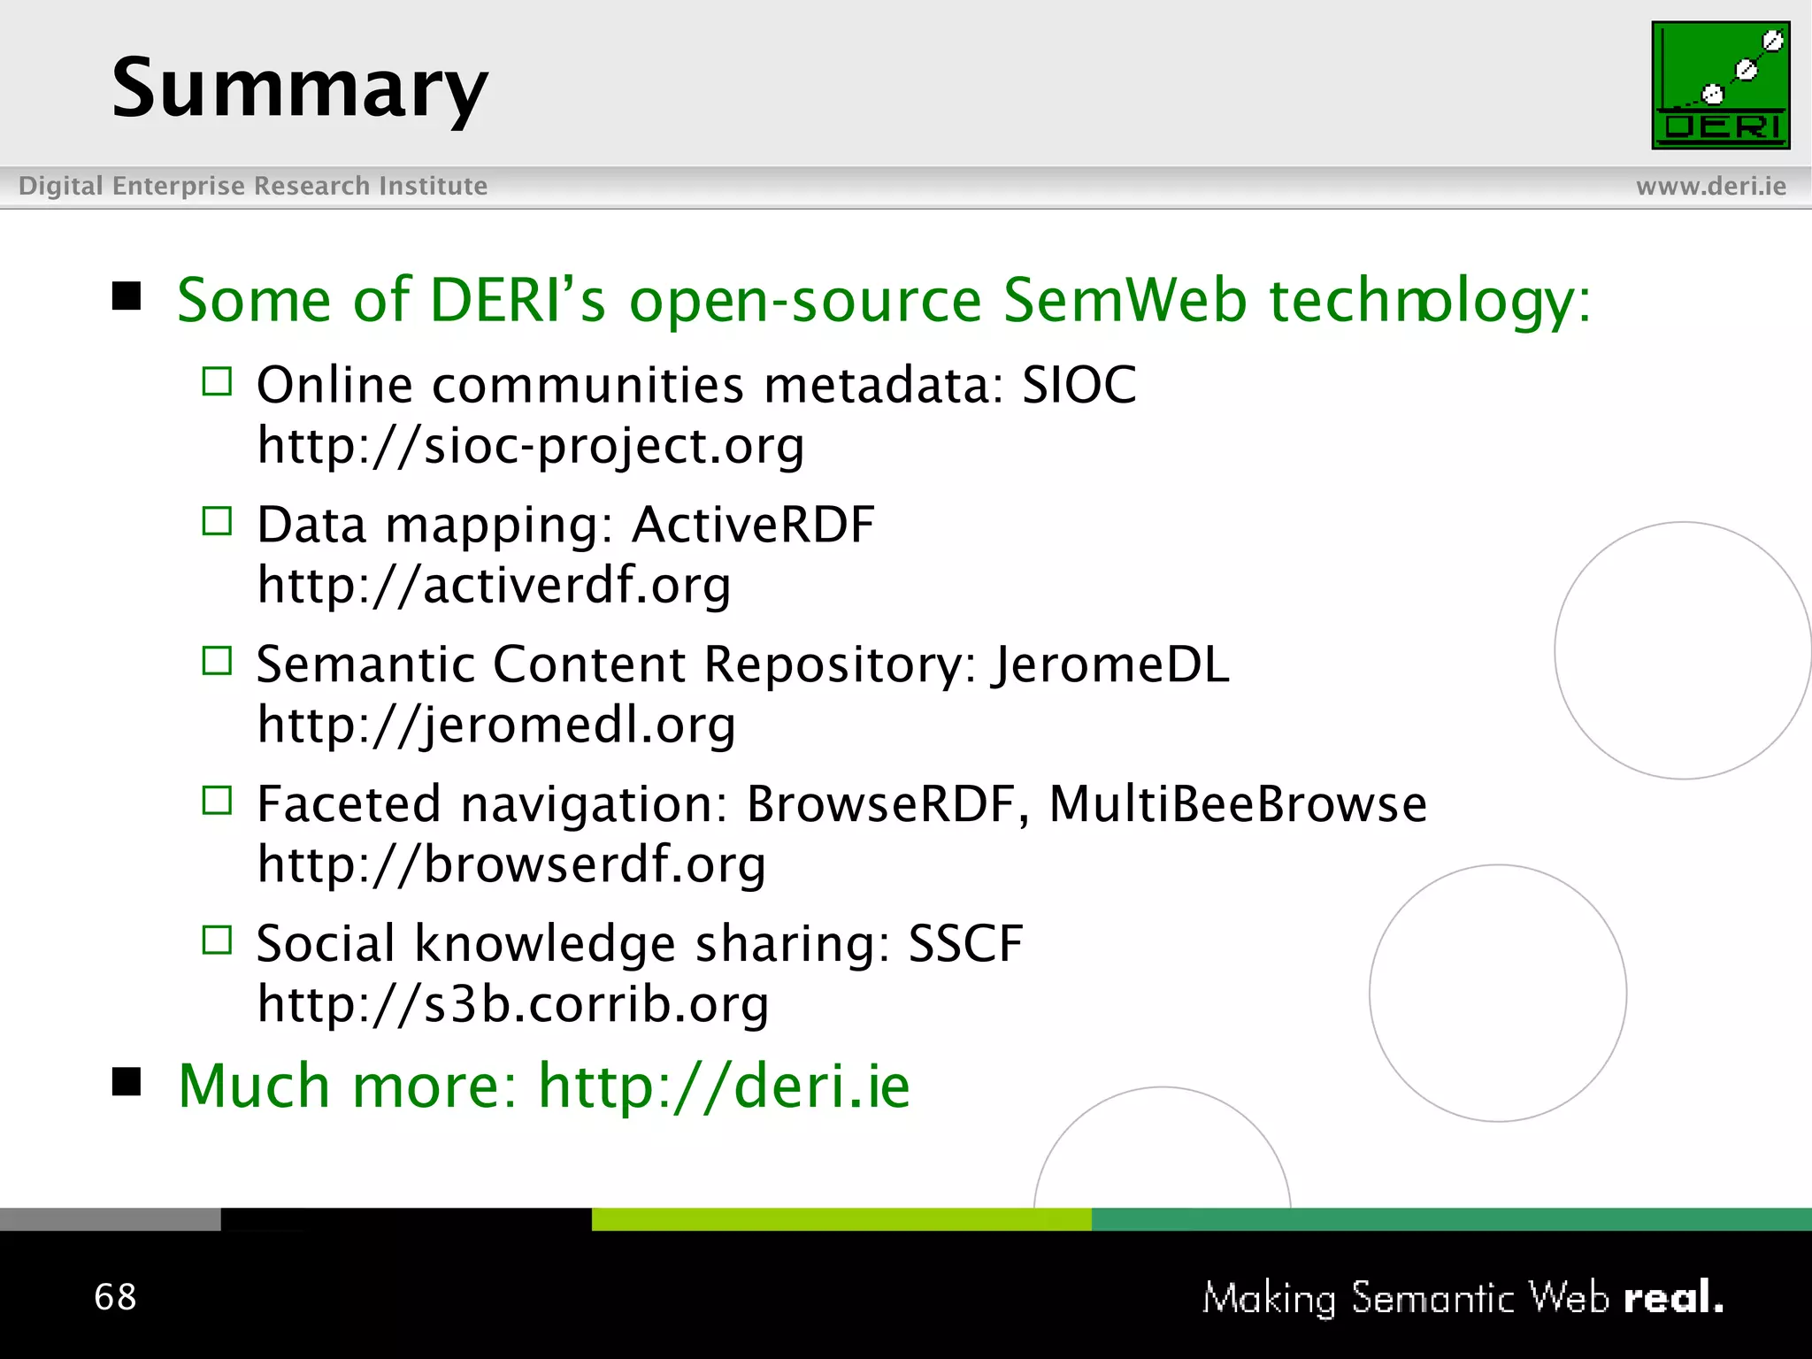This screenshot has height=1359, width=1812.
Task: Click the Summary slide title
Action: [299, 88]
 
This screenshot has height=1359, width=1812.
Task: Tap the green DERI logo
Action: [1720, 86]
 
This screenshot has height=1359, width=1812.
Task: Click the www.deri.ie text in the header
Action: [1710, 186]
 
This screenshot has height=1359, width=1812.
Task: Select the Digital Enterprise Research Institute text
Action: [253, 186]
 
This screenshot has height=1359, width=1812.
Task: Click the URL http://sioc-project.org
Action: [531, 445]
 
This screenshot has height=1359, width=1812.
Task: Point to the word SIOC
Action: [1079, 385]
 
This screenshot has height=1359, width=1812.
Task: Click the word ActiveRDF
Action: [753, 525]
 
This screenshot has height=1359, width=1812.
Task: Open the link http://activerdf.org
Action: [494, 585]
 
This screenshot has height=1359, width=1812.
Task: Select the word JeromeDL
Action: [1110, 664]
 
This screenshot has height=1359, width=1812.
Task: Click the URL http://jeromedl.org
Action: [496, 725]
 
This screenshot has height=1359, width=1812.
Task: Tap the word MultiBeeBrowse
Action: [1237, 804]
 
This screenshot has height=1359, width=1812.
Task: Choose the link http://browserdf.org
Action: [511, 864]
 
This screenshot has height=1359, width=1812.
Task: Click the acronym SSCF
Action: [965, 943]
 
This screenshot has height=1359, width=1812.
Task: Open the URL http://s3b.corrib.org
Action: [513, 1004]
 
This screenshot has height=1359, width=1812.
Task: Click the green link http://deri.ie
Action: [724, 1086]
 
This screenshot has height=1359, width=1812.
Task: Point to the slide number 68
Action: [115, 1297]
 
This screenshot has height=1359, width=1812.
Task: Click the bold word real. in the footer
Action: [1673, 1298]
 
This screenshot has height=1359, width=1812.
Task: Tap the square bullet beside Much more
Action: [127, 1081]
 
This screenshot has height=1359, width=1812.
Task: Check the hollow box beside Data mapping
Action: [217, 522]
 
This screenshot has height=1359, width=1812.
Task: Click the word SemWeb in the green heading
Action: [1125, 300]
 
